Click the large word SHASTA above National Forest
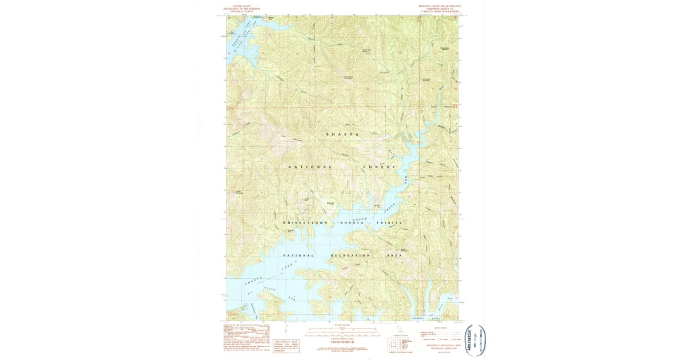342,134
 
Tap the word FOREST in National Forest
379,167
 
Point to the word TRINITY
389,222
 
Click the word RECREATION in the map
350,255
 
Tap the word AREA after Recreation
396,255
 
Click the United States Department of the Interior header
242,9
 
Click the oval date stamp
476,341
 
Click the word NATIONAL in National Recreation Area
298,255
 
